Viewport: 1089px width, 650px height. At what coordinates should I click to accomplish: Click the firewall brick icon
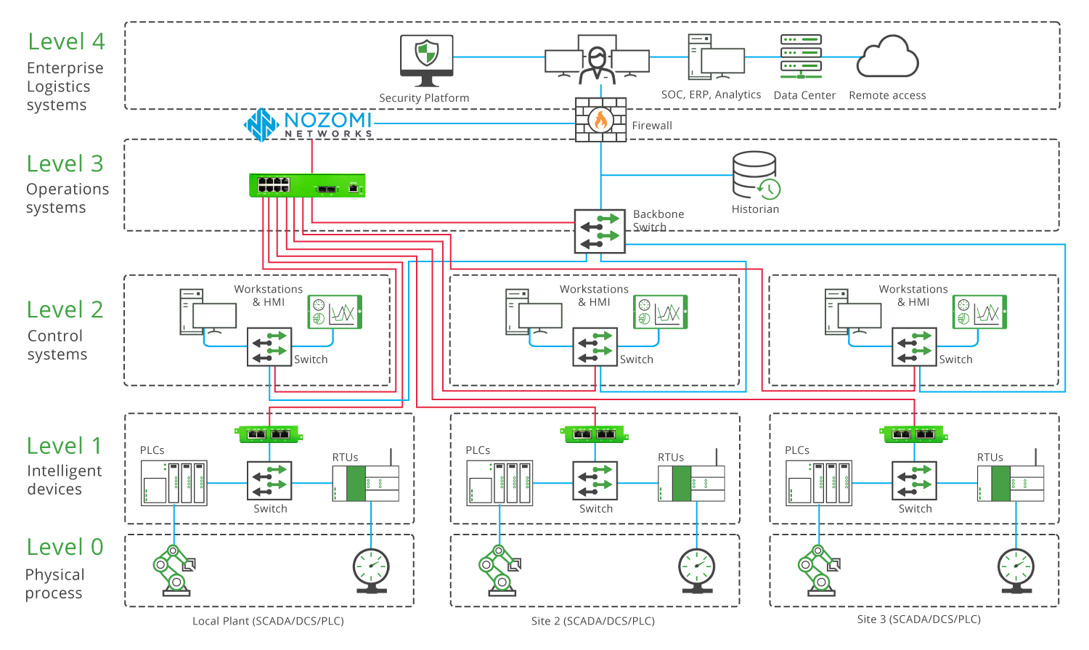pyautogui.click(x=600, y=120)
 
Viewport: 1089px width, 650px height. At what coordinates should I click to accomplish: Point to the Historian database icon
pyautogui.click(x=756, y=175)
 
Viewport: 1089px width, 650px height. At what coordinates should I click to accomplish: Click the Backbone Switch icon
pyautogui.click(x=600, y=231)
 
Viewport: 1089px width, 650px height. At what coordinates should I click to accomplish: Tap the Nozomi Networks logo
pyautogui.click(x=309, y=124)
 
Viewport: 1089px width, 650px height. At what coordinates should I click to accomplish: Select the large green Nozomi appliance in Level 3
pyautogui.click(x=307, y=186)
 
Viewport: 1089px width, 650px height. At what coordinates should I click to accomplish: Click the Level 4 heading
pyautogui.click(x=66, y=41)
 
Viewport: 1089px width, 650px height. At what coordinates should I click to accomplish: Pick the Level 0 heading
pyautogui.click(x=65, y=547)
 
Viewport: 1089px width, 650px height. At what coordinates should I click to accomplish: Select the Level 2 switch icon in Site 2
pyautogui.click(x=595, y=346)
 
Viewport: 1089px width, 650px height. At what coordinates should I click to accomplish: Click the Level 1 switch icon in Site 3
pyautogui.click(x=914, y=481)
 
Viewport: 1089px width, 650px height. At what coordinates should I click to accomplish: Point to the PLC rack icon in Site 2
pyautogui.click(x=500, y=482)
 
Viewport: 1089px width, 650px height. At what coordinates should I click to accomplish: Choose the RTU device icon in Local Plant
pyautogui.click(x=366, y=482)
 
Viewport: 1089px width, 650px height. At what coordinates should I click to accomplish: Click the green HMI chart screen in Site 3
pyautogui.click(x=979, y=312)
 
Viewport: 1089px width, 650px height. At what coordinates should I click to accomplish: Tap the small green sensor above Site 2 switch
pyautogui.click(x=595, y=434)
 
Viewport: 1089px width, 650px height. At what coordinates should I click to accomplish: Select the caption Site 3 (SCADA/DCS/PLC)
pyautogui.click(x=918, y=619)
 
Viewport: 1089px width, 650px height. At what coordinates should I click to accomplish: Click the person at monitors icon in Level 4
pyautogui.click(x=597, y=62)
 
